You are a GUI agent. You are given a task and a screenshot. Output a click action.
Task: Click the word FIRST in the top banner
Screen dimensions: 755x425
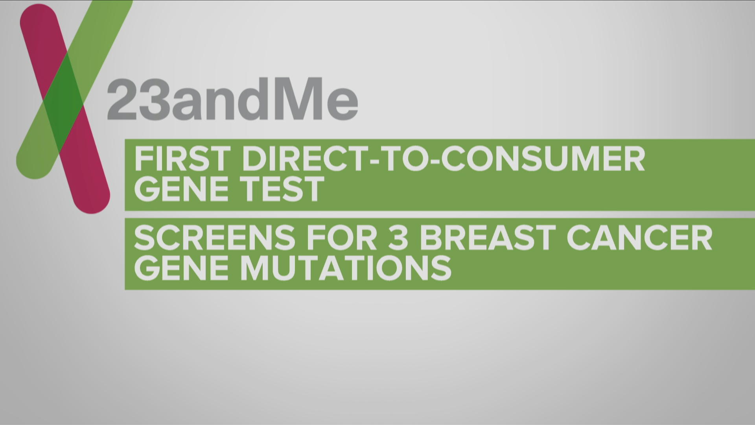click(x=182, y=159)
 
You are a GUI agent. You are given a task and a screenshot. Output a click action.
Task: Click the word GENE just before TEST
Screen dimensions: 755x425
click(x=182, y=189)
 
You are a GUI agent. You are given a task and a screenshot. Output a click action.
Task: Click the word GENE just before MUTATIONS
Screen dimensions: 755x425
click(x=182, y=268)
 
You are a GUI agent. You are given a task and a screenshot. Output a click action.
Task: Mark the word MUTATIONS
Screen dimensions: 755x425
click(x=346, y=268)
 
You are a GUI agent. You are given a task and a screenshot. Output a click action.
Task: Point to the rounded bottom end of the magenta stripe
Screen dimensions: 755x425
click(x=92, y=199)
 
